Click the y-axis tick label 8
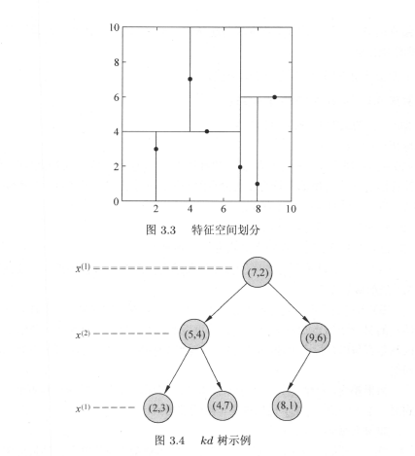tap(117, 62)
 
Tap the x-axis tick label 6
tap(224, 209)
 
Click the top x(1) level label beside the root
tap(83, 268)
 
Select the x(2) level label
tap(83, 334)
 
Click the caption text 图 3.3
tap(160, 230)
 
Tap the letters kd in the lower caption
tap(207, 440)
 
